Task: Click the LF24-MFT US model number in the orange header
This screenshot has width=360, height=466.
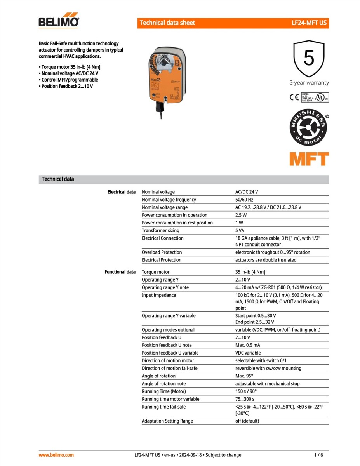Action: (309, 23)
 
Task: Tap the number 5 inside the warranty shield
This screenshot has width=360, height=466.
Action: (309, 59)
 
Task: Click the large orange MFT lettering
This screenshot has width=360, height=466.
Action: (309, 159)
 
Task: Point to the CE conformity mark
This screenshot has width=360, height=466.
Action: (294, 97)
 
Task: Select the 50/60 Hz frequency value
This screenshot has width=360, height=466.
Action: (244, 200)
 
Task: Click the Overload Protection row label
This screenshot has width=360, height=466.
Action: (162, 252)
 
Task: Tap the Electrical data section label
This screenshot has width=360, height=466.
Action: (122, 192)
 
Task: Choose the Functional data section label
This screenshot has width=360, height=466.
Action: (120, 272)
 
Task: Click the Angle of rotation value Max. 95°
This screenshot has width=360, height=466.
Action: (244, 376)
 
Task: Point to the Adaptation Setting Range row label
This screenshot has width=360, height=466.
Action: (167, 421)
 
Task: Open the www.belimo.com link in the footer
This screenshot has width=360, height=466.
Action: (56, 455)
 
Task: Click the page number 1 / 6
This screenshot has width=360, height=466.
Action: (318, 455)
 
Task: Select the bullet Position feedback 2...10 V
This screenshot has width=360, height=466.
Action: (67, 86)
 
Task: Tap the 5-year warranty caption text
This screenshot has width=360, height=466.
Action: (309, 83)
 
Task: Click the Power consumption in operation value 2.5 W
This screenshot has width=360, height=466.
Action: (241, 215)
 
